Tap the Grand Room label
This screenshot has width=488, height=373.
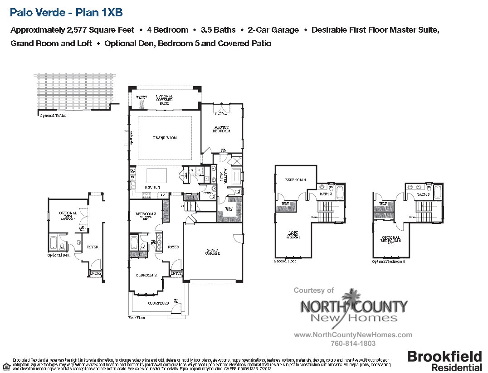[x=165, y=138]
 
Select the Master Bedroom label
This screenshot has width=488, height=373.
[x=222, y=129]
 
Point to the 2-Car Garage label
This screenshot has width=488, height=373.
[x=213, y=252]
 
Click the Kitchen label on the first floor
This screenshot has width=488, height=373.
[x=152, y=187]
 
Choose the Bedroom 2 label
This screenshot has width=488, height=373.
[x=146, y=275]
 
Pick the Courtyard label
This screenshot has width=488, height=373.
[x=158, y=303]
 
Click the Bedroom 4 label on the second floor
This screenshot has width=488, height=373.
[x=295, y=180]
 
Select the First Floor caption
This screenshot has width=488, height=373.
[x=137, y=318]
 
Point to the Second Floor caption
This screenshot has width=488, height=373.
[x=285, y=261]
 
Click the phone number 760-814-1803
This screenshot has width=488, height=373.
[x=353, y=344]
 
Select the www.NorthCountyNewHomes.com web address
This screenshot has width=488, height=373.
[x=353, y=335]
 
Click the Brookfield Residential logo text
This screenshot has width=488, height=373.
[x=444, y=361]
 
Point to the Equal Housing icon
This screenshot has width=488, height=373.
[x=6, y=366]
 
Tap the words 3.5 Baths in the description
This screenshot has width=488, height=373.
[x=218, y=30]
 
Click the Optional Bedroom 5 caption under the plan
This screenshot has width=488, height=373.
[x=388, y=262]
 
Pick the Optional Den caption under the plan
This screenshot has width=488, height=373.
[x=59, y=255]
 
